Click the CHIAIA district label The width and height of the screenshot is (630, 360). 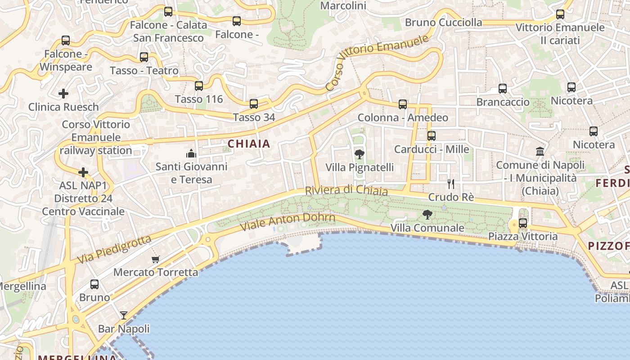(x=249, y=144)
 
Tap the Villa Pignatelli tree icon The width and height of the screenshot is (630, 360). (x=359, y=154)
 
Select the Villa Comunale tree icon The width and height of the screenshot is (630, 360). (x=427, y=215)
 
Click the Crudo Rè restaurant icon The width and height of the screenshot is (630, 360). (x=451, y=184)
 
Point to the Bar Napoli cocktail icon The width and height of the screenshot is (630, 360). (x=124, y=315)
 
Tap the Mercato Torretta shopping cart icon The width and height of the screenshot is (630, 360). (x=156, y=259)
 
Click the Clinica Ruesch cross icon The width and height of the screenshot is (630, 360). (x=63, y=94)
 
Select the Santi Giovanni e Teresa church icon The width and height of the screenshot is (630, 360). (x=191, y=153)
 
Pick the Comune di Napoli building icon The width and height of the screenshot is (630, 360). (x=540, y=151)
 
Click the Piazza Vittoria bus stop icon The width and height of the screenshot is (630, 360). (x=523, y=223)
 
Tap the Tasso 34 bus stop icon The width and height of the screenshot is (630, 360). (x=254, y=104)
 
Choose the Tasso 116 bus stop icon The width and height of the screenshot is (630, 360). (x=199, y=85)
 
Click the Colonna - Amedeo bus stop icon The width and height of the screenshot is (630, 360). (x=403, y=104)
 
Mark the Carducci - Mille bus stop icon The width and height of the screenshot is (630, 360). (x=432, y=135)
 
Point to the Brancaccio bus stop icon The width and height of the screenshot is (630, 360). (x=503, y=89)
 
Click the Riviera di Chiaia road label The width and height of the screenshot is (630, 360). (x=346, y=190)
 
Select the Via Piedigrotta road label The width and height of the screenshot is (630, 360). (x=114, y=250)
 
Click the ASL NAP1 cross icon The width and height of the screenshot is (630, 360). (x=83, y=172)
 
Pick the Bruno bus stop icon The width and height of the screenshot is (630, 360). (x=94, y=284)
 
